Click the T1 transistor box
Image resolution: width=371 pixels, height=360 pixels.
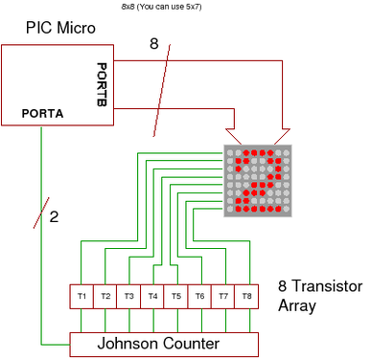tap(82, 296)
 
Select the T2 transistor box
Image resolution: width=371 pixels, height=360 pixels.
tap(105, 296)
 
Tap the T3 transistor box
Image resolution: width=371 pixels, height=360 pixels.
tap(128, 296)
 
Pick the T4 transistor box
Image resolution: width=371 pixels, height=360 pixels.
tap(152, 296)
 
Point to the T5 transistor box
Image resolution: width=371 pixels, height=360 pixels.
tap(175, 296)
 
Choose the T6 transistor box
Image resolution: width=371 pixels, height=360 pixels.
tap(198, 296)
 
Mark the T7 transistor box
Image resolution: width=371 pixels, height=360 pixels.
tap(222, 296)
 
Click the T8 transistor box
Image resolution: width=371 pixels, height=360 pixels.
tap(245, 296)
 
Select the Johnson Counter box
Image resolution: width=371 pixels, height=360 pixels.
tap(165, 343)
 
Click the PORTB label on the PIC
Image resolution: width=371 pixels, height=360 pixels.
tap(103, 83)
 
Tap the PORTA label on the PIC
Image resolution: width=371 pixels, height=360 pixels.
tap(43, 113)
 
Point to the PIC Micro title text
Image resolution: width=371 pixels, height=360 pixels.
tap(60, 28)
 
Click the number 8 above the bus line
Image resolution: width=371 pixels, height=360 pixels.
tap(154, 44)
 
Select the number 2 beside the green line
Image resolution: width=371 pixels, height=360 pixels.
tap(54, 216)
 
